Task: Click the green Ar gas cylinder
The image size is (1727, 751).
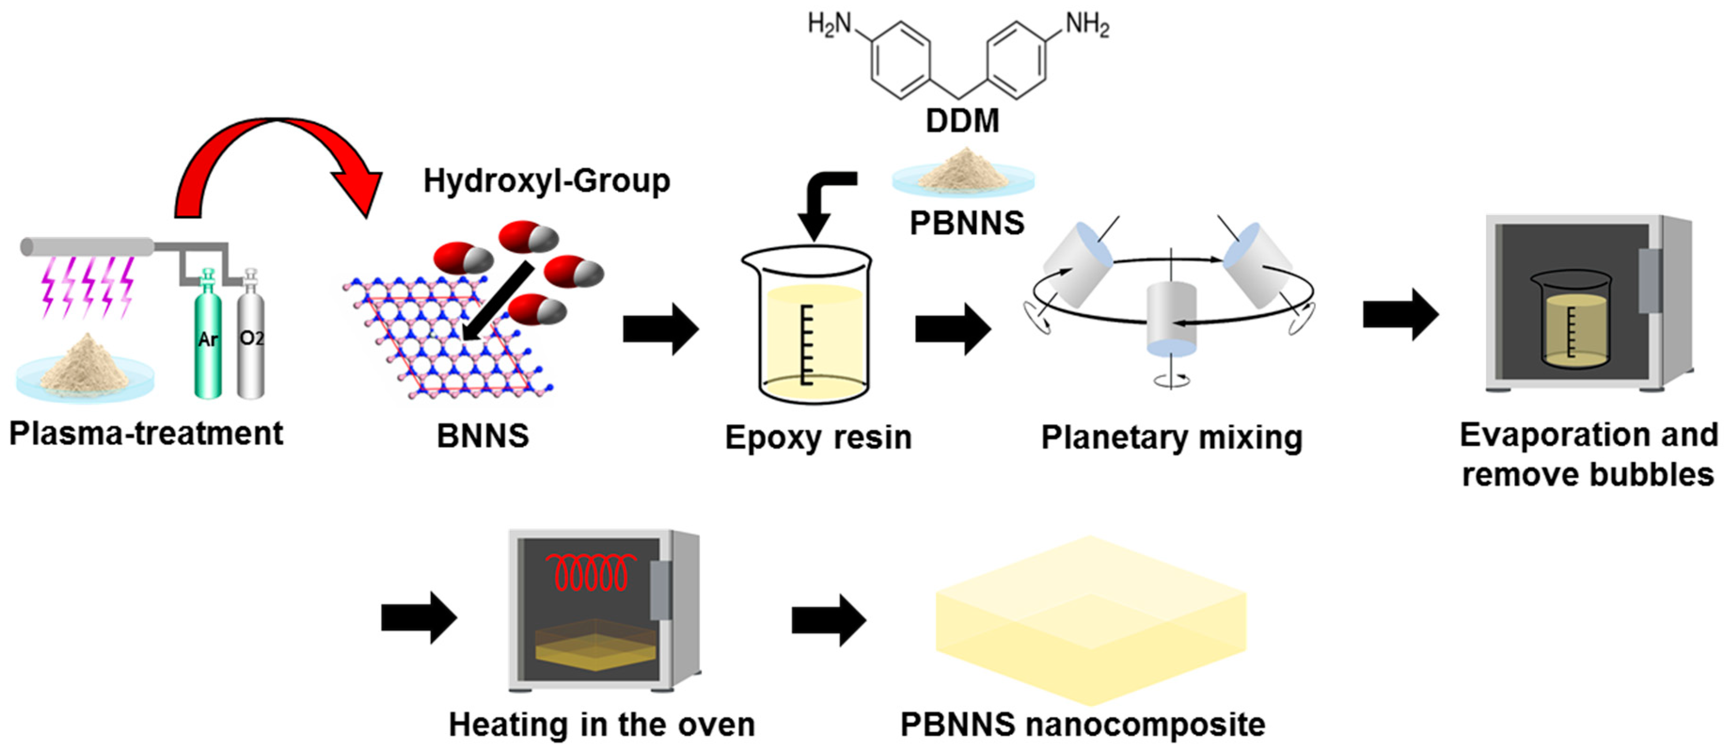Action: pos(208,342)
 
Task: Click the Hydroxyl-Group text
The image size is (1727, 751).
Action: pos(546,181)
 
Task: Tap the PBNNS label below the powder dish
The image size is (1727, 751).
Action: pos(967,223)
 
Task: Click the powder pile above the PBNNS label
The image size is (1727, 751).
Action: pos(963,171)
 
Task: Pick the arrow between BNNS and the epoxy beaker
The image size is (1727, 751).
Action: pos(660,329)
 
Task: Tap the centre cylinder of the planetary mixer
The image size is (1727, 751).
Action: pos(1171,318)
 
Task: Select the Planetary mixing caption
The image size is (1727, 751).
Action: pos(1171,438)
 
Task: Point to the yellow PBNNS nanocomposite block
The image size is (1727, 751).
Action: pos(1090,620)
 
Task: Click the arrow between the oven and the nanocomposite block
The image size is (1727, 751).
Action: pos(828,620)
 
